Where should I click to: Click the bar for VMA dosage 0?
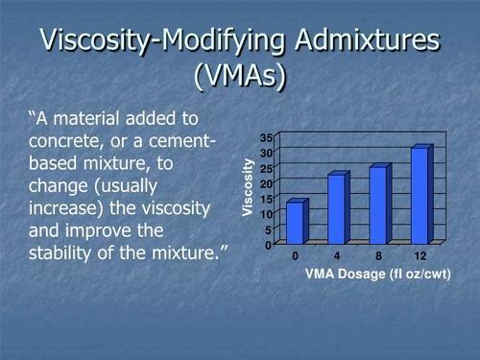296,223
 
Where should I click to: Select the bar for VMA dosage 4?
337,209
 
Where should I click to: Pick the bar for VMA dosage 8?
378,204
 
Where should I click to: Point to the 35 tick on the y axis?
266,138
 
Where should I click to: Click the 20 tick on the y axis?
266,183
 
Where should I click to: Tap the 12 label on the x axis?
420,256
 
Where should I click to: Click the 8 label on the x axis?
378,256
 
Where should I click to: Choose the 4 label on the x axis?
337,256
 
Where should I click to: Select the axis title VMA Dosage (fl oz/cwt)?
377,275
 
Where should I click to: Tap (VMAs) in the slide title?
239,77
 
